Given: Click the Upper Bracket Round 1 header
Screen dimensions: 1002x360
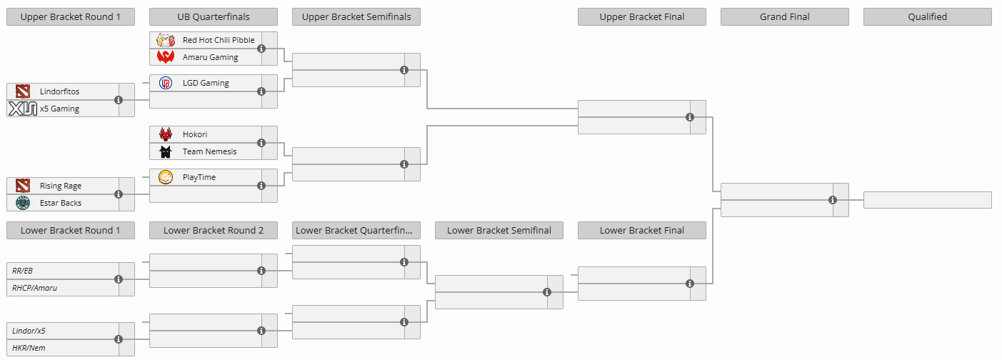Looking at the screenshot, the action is coord(71,17).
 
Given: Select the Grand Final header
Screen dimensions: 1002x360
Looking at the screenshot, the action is coord(785,17).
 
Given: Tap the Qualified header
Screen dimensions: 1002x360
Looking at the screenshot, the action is coord(927,17).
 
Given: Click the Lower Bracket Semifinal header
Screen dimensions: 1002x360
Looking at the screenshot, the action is coord(499,230).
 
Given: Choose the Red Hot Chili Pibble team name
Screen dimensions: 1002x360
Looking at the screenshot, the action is coord(219,40).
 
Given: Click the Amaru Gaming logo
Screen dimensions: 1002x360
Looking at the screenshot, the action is coord(166,57).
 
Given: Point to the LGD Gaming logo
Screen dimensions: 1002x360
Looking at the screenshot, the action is coord(166,83).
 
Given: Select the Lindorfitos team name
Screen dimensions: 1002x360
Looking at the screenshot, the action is coord(59,91).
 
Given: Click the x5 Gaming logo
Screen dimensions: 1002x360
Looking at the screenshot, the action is coord(23,109).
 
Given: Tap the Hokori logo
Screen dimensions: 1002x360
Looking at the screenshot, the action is coord(166,134).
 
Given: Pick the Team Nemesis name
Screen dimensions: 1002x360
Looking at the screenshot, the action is coord(209,151).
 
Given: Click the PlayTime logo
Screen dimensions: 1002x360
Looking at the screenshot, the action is coord(166,177).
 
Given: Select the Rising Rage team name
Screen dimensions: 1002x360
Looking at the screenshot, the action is coord(61,186).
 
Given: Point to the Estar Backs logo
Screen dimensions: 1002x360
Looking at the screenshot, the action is coord(23,203).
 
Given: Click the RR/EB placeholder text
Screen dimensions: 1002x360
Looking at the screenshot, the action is coord(22,271).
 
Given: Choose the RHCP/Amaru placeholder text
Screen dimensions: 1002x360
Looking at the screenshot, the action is coord(34,288).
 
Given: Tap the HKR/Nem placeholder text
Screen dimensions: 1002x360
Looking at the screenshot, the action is coord(29,348).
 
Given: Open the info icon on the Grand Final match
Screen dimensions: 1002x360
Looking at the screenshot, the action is coord(833,200).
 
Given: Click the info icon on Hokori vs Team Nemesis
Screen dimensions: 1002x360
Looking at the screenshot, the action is coord(261,143).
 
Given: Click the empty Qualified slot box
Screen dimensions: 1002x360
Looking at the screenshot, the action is coord(927,200).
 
